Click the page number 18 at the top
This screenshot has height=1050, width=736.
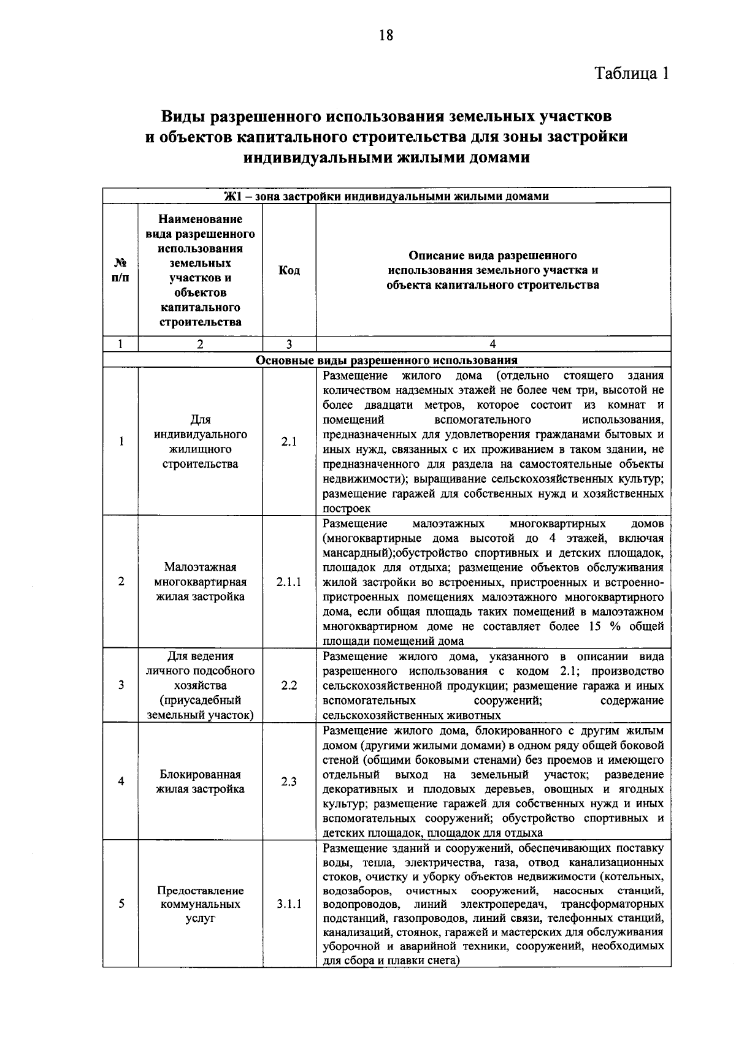(x=386, y=35)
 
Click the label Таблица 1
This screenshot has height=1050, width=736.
(x=631, y=74)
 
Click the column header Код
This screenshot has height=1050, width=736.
(x=289, y=270)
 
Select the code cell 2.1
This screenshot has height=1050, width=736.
(x=289, y=442)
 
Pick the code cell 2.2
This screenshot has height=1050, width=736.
(x=289, y=685)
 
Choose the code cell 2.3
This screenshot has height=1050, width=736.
(x=289, y=782)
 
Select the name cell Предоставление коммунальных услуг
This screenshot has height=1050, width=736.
(x=200, y=904)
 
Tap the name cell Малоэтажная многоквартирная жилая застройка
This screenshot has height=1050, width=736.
(x=200, y=582)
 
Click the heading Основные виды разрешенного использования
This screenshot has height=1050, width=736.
(x=386, y=360)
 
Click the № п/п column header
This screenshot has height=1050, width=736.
(x=121, y=270)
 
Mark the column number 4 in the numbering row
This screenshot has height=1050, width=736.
(x=493, y=344)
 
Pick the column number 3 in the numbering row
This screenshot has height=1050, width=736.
(x=289, y=344)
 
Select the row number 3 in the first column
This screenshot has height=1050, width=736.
(x=121, y=685)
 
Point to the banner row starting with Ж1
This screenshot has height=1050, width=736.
(x=386, y=196)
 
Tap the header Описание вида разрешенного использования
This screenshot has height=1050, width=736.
(x=493, y=270)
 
